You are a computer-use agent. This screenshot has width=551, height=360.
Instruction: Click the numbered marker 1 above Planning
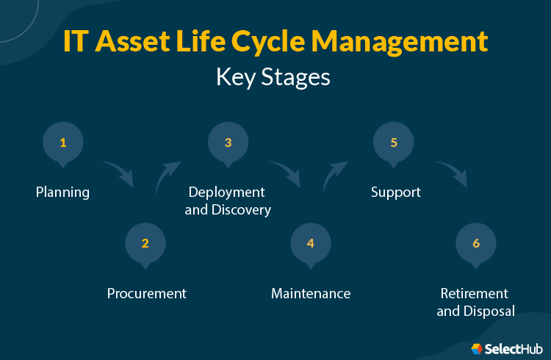[63, 143]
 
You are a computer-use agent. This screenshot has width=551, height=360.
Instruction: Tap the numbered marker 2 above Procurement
[145, 243]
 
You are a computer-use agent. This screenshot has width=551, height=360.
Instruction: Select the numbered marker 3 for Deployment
[228, 143]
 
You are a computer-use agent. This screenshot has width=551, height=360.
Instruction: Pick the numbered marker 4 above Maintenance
[311, 243]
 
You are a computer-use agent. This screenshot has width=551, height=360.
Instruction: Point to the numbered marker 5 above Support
[394, 143]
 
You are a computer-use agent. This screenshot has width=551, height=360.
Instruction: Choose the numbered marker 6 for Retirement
[476, 243]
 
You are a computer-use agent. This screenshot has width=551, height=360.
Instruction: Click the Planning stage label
[62, 192]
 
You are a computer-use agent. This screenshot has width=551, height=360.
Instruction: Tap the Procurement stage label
[147, 294]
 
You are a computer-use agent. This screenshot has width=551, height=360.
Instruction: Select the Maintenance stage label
[311, 294]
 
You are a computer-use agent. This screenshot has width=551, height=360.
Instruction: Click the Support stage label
[395, 192]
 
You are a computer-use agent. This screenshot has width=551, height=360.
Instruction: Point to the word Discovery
[242, 210]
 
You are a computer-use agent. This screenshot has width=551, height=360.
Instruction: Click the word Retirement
[475, 294]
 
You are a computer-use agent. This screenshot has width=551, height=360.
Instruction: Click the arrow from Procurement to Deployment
[168, 176]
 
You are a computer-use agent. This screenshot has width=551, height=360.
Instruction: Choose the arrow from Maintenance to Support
[334, 176]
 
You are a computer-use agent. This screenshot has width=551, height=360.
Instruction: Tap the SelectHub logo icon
[477, 348]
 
